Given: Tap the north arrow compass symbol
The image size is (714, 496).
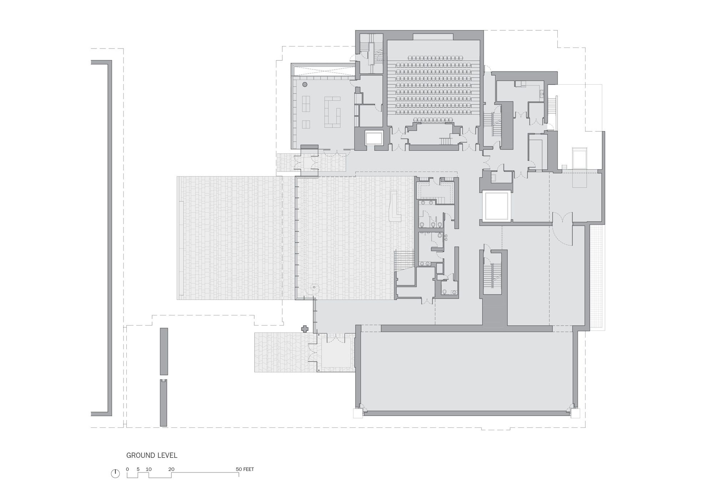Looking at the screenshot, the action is click(x=115, y=474).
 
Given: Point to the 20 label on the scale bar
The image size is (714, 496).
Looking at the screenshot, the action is click(x=171, y=469).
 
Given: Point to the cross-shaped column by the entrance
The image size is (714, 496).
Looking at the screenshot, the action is click(x=305, y=329).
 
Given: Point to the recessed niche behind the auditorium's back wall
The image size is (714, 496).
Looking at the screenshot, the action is click(x=433, y=37).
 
